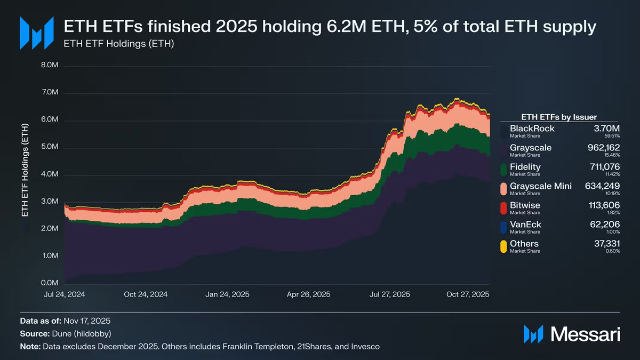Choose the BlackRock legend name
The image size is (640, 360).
tap(532, 129)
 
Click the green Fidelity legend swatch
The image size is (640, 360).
tap(503, 170)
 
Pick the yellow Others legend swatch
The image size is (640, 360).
tap(503, 246)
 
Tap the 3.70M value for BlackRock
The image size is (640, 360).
tap(607, 129)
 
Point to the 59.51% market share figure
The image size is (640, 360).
tap(611, 137)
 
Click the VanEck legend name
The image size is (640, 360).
tap(525, 225)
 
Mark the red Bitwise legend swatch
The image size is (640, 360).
tap(503, 208)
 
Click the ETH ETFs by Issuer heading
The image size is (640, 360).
tap(558, 117)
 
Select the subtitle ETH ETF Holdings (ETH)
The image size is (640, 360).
tap(119, 43)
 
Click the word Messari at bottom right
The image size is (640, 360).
tap(585, 334)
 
